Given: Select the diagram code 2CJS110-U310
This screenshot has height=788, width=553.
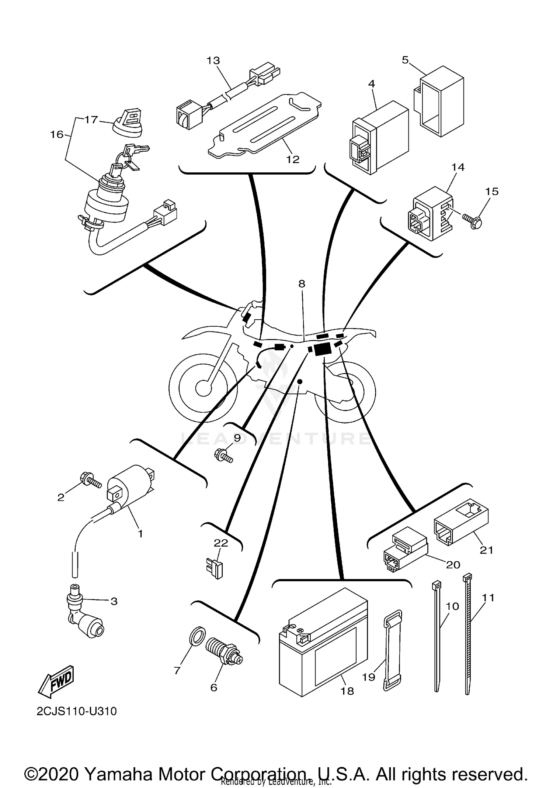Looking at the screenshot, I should click(x=77, y=711).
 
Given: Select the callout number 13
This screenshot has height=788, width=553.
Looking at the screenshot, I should click(x=213, y=61).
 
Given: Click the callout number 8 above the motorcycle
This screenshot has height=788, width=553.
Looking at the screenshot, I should click(x=302, y=284).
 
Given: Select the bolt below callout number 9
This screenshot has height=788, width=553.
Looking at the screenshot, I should click(x=223, y=456).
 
